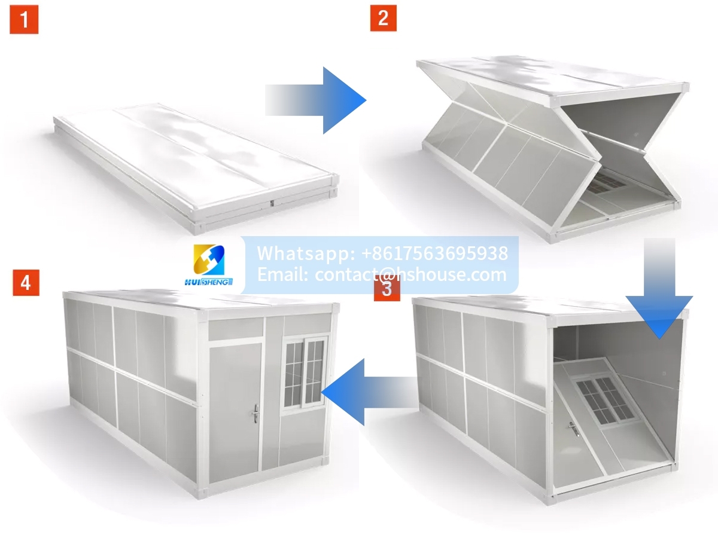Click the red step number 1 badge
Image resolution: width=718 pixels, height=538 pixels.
[24, 19]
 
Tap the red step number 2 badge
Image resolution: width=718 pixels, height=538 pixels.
[383, 18]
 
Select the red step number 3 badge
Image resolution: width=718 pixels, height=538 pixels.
[387, 288]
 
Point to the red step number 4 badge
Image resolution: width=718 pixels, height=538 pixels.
[26, 283]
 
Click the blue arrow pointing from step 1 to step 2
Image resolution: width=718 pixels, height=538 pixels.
[315, 100]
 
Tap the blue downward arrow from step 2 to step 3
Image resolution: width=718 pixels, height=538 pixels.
[659, 288]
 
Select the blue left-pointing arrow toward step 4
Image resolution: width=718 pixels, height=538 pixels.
[370, 392]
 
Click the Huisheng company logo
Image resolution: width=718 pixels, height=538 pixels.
[209, 265]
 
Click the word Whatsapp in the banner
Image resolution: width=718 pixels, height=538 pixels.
[306, 253]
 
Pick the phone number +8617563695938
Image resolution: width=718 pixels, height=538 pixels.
[435, 253]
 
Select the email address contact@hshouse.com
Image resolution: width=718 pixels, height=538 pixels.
[410, 274]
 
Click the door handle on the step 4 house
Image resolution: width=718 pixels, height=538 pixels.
[255, 414]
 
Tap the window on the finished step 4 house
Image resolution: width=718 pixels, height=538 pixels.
[305, 372]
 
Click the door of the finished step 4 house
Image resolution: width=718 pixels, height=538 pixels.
[235, 412]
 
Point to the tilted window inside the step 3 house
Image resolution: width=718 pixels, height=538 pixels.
[606, 401]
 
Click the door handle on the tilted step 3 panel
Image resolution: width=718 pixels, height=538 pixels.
[574, 429]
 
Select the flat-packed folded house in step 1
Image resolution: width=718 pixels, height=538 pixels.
[196, 168]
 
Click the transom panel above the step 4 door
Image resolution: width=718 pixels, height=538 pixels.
[236, 328]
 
